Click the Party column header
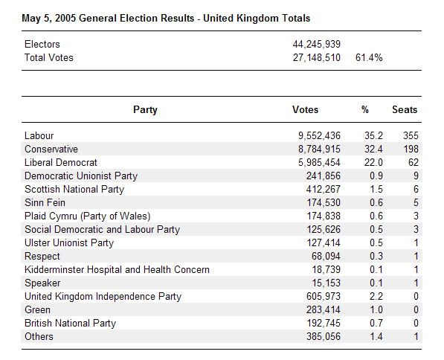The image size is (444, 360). click(145, 110)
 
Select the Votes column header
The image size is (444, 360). click(305, 110)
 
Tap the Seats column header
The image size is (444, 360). click(405, 110)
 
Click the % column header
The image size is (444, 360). click(365, 110)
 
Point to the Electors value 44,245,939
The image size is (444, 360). click(317, 45)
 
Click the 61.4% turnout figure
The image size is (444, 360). click(369, 57)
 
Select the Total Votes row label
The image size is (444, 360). click(49, 57)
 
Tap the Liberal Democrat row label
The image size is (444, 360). click(61, 162)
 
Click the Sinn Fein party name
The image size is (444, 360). click(45, 202)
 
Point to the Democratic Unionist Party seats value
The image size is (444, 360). click(414, 176)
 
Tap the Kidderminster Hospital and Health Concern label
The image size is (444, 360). click(117, 269)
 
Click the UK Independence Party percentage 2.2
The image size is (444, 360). click(365, 296)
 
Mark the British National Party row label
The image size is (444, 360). click(71, 323)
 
